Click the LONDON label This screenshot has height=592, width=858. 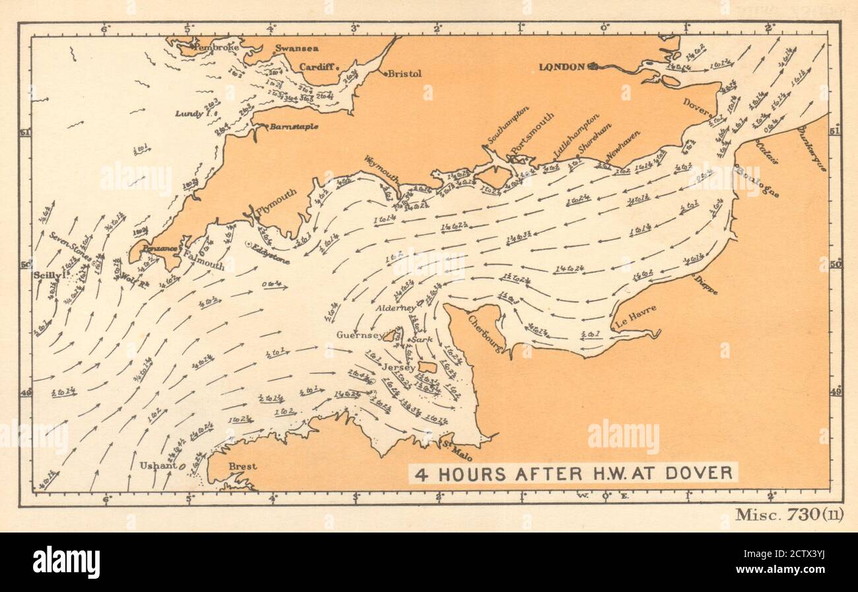[562, 66]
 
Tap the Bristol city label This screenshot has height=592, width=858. [405, 74]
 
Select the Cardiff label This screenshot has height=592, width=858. [317, 67]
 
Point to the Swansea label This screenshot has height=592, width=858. [296, 48]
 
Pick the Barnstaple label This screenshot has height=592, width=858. [294, 126]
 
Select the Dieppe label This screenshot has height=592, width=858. [705, 285]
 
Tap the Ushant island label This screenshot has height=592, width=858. [158, 465]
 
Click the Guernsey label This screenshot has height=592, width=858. [358, 334]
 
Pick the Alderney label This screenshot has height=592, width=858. [396, 308]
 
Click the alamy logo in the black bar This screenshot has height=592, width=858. [67, 562]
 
